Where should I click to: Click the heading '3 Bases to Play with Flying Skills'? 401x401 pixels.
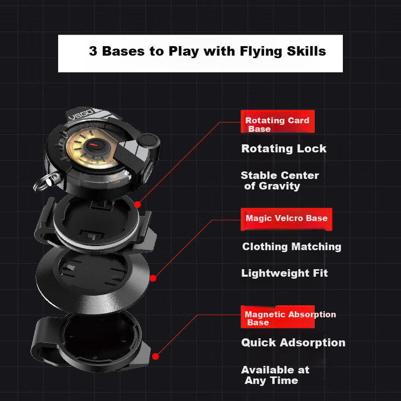[x=208, y=51]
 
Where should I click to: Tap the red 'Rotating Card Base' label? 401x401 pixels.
[x=278, y=121]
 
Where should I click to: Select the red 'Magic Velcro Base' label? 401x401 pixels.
[x=286, y=219]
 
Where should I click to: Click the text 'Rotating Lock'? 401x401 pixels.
[x=284, y=148]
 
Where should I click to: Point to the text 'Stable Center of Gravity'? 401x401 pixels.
[x=280, y=180]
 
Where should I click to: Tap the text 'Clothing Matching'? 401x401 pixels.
[x=292, y=247]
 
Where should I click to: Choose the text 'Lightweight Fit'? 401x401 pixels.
[x=284, y=273]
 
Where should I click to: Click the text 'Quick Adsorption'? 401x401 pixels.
[x=293, y=342]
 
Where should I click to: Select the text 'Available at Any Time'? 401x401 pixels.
[x=275, y=375]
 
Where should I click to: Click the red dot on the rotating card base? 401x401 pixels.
[x=137, y=205]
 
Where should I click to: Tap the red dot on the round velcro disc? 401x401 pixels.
[x=153, y=278]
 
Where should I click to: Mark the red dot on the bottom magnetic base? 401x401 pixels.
[x=155, y=356]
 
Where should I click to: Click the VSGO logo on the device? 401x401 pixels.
[x=81, y=115]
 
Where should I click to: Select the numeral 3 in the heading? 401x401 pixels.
[x=93, y=51]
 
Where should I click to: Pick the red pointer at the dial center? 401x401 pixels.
[x=94, y=145]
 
